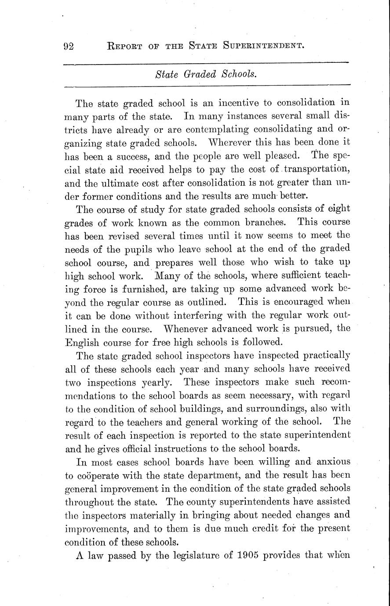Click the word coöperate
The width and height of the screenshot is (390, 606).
point(102,475)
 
